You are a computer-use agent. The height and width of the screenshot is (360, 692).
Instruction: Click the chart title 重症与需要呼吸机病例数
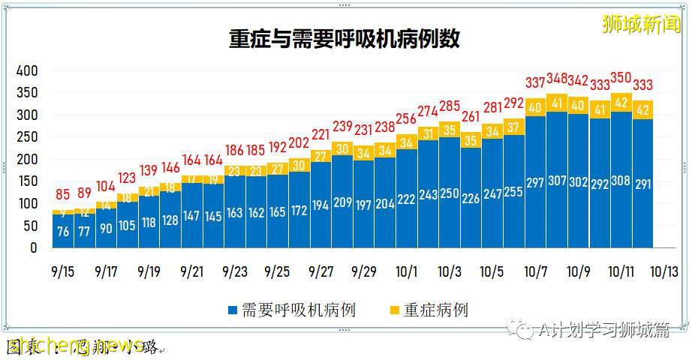344,39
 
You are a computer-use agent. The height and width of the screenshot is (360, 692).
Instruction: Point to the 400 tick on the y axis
27,71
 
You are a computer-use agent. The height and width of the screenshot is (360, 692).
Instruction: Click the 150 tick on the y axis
27,181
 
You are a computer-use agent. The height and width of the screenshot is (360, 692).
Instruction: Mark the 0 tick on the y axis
33,248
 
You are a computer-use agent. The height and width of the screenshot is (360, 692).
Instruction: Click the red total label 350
621,78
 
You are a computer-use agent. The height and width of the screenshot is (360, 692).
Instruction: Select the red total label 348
557,79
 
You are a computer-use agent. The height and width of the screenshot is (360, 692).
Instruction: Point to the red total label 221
321,135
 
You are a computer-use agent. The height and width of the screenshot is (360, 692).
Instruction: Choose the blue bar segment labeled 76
64,231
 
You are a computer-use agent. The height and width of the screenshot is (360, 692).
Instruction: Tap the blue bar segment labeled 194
321,204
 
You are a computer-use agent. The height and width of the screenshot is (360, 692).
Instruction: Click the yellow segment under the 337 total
535,107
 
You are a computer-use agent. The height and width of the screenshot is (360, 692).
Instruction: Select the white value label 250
450,193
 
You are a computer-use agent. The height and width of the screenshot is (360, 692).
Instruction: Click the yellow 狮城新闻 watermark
641,25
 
